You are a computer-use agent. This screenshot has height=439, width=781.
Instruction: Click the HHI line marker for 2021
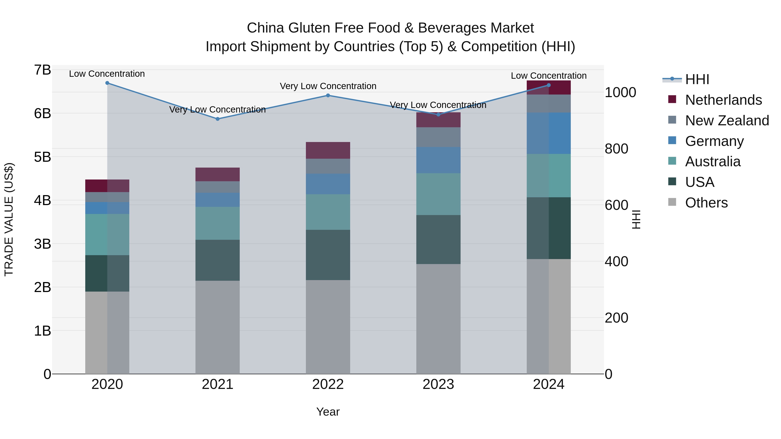click(217, 119)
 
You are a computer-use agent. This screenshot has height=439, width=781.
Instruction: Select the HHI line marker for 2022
click(328, 95)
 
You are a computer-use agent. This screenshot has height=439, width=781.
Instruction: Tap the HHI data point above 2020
click(107, 83)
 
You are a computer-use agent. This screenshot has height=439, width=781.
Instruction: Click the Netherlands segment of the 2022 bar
click(328, 150)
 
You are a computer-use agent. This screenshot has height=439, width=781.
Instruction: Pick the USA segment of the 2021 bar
click(217, 260)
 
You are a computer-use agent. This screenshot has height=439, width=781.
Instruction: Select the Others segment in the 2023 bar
click(438, 319)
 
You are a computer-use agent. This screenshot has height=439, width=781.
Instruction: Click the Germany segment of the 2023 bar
click(438, 160)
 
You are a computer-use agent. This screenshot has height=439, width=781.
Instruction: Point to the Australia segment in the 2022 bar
click(328, 212)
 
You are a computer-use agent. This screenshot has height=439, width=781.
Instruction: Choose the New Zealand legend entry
click(727, 121)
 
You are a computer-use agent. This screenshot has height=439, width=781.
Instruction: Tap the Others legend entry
click(706, 203)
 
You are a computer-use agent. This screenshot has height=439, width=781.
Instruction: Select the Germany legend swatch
click(672, 140)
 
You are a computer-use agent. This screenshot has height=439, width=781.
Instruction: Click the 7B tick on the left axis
click(43, 70)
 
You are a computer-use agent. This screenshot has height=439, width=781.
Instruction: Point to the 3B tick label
click(43, 244)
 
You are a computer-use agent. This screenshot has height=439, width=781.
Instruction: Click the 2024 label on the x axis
click(548, 384)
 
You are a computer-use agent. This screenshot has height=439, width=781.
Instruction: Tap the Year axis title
click(328, 412)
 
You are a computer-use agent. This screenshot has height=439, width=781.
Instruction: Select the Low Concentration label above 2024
click(548, 76)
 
